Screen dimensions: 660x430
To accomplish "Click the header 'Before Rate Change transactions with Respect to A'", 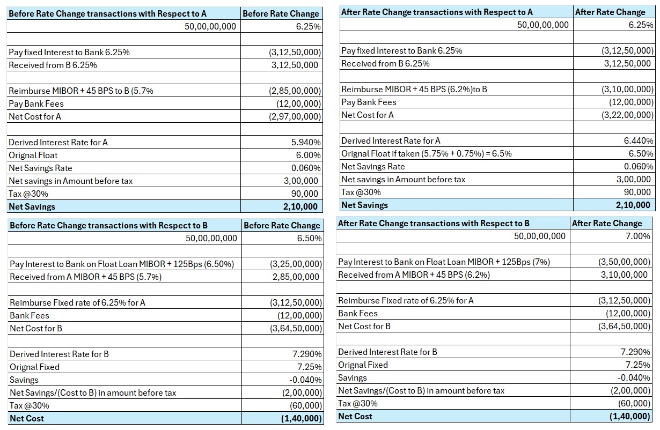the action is click(x=107, y=13).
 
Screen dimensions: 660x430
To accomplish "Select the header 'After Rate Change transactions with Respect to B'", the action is click(x=434, y=224).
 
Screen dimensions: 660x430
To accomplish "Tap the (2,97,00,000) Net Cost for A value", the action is click(x=295, y=116).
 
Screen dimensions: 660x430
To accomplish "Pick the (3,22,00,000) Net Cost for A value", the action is click(x=628, y=115).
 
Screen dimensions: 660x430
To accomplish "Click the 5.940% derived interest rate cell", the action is click(x=306, y=143).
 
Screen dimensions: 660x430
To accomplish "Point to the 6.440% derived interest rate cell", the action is click(x=639, y=141).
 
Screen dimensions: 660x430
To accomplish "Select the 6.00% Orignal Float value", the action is click(x=308, y=155).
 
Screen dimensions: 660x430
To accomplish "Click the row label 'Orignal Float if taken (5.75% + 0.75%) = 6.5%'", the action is click(x=427, y=154).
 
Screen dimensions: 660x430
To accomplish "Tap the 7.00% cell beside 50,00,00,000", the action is click(x=638, y=236).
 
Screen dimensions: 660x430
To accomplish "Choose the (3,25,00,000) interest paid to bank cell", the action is click(x=296, y=264).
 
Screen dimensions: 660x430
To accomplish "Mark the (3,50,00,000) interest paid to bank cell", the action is click(x=625, y=262).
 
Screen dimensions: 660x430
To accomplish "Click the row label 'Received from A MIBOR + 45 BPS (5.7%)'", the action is click(x=85, y=277).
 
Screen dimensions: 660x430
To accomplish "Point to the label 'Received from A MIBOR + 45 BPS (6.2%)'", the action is click(x=414, y=275).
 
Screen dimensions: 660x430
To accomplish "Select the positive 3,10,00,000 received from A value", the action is click(x=624, y=275).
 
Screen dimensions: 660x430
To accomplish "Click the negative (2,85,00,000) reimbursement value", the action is click(x=295, y=91).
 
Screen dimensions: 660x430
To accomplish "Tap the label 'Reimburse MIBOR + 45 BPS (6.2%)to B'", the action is click(x=414, y=89).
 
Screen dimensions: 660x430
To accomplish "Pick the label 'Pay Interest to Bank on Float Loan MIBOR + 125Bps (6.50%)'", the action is click(x=122, y=264).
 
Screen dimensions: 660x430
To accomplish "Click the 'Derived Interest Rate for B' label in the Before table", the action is click(x=59, y=354).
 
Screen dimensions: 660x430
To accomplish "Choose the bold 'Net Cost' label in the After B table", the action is click(x=355, y=417).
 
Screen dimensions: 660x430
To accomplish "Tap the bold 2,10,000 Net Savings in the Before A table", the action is click(x=300, y=206).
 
